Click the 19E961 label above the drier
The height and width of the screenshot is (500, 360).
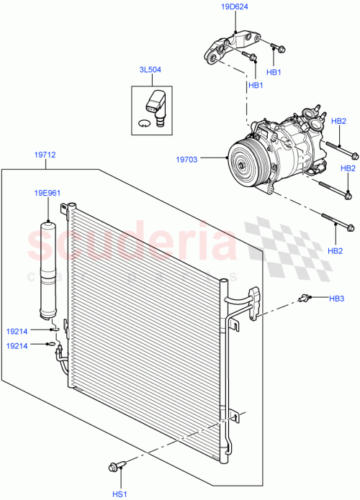46,193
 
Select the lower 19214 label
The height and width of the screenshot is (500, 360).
18,345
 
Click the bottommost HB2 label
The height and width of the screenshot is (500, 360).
335,250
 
